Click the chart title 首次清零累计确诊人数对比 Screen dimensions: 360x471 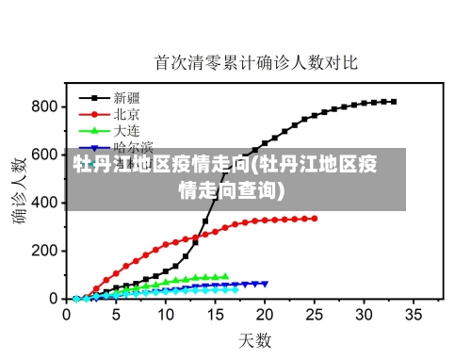[256, 63]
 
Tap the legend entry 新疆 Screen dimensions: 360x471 [127, 97]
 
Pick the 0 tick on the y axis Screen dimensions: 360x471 [53, 298]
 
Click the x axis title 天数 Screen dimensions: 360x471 [254, 339]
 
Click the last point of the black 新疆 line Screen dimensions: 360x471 [393, 102]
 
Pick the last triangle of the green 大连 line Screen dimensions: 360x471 [225, 276]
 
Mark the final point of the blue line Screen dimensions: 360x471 [265, 283]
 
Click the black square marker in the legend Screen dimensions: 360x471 [94, 97]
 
